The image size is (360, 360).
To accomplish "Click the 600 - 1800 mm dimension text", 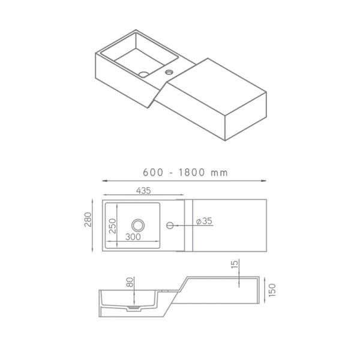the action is (185, 172).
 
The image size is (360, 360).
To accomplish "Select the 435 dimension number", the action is (143, 191).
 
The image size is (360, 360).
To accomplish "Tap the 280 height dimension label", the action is (88, 220).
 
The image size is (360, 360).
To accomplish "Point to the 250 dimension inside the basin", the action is (112, 226).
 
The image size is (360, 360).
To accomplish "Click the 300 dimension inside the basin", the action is (133, 237).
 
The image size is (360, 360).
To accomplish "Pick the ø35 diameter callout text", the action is (205, 221).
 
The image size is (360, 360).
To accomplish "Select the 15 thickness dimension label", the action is (235, 263).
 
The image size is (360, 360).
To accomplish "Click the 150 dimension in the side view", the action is (272, 290).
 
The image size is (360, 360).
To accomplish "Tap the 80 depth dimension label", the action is (130, 282).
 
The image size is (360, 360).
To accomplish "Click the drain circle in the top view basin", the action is (138, 225).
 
